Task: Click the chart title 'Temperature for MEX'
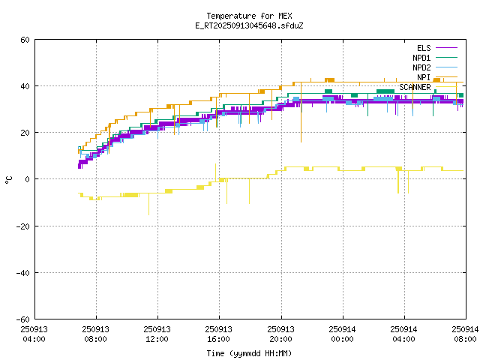click(x=249, y=16)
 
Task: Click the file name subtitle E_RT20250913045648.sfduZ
click(x=249, y=25)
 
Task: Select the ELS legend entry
click(x=424, y=48)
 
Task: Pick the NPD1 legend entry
click(x=421, y=58)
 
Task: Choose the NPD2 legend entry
click(x=421, y=67)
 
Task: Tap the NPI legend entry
click(x=424, y=77)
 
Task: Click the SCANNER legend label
click(x=415, y=87)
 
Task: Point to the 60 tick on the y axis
click(x=25, y=40)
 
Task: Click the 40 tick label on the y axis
click(x=25, y=86)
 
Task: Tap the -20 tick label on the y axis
click(x=22, y=226)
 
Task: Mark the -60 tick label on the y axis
click(x=22, y=319)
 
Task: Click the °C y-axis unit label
click(x=8, y=179)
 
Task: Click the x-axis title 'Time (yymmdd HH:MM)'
click(x=249, y=353)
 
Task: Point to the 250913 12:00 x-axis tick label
click(x=157, y=334)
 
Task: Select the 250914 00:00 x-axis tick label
click(x=342, y=334)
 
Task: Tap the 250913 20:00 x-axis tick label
click(x=280, y=334)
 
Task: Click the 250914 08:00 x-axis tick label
click(x=465, y=334)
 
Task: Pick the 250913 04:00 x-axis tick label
click(x=34, y=334)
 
